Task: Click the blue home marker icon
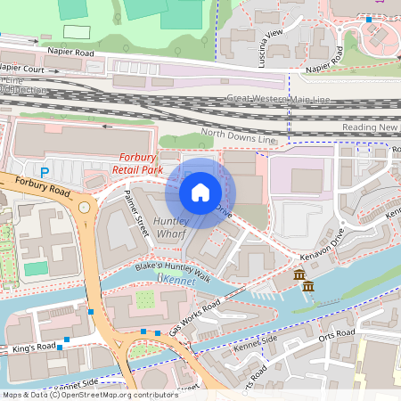point(200,192)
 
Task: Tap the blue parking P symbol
point(44,170)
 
